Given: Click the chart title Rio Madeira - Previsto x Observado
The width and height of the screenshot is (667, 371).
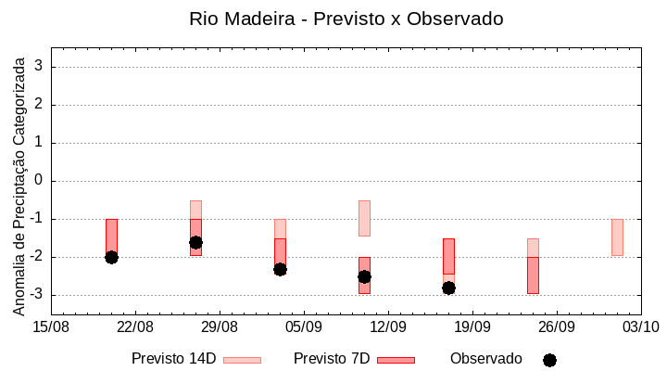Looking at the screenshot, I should pyautogui.click(x=346, y=19).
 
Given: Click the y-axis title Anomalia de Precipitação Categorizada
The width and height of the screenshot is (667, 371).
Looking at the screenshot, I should pyautogui.click(x=19, y=184).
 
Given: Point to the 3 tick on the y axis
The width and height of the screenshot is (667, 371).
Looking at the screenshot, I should pyautogui.click(x=39, y=67).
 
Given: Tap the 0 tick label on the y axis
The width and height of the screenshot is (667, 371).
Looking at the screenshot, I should pyautogui.click(x=39, y=181).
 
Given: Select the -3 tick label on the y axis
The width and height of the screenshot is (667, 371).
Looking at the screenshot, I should pyautogui.click(x=36, y=295).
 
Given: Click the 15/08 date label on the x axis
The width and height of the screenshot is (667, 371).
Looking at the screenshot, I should pyautogui.click(x=51, y=326).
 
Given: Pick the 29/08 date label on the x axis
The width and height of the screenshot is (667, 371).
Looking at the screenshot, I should pyautogui.click(x=220, y=326).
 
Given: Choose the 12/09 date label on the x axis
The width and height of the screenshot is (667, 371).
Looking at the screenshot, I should pyautogui.click(x=388, y=326).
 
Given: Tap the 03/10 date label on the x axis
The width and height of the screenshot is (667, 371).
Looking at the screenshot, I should pyautogui.click(x=640, y=326).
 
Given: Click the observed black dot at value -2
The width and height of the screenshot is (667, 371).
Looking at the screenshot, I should pyautogui.click(x=111, y=257).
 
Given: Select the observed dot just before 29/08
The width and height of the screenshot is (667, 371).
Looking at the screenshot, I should pyautogui.click(x=195, y=242).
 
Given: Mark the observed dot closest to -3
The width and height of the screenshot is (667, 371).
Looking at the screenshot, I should pyautogui.click(x=448, y=288).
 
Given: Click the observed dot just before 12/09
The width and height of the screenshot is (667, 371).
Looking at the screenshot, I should pyautogui.click(x=364, y=276).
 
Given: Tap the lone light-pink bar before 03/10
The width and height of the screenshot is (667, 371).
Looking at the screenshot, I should pyautogui.click(x=617, y=237).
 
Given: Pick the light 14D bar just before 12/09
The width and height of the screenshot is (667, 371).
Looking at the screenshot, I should pyautogui.click(x=364, y=218).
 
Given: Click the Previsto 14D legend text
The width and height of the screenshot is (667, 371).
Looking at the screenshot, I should pyautogui.click(x=173, y=358).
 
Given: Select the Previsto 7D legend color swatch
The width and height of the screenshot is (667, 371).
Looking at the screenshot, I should pyautogui.click(x=396, y=360).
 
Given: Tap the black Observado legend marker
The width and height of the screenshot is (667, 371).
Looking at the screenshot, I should pyautogui.click(x=549, y=360).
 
